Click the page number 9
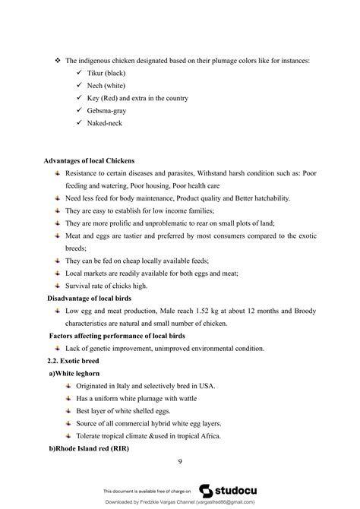(x=179, y=461)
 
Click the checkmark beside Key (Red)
(x=80, y=98)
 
